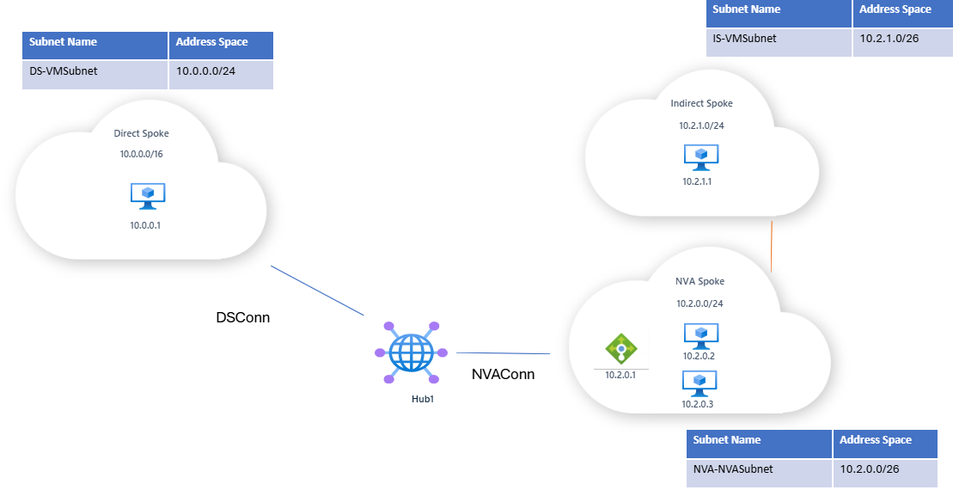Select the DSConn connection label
(242, 318)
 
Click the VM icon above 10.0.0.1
(148, 195)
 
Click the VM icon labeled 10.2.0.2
(700, 335)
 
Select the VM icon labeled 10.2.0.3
(699, 383)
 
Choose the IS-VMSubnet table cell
(779, 40)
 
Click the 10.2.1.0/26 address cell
(902, 40)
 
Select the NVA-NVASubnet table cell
(760, 471)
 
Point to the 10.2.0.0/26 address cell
(883, 471)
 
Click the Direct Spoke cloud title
(142, 134)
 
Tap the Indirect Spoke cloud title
(701, 103)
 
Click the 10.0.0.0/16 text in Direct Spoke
(142, 154)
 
